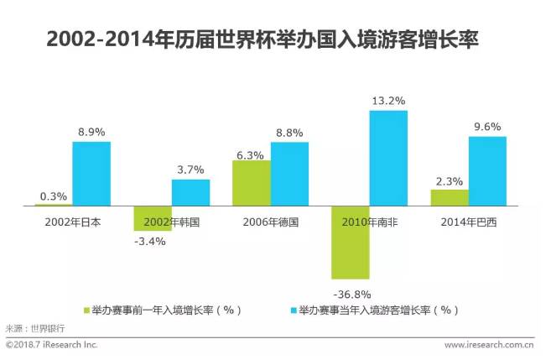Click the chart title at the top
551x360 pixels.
[x=268, y=39]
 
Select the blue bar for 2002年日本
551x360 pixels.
[x=91, y=173]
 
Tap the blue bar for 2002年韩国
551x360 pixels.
[x=190, y=192]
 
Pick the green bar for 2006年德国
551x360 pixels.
[x=251, y=183]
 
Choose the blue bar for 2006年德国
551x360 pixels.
[x=289, y=174]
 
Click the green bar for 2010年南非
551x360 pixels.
[x=351, y=243]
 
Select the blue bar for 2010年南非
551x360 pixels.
[x=388, y=158]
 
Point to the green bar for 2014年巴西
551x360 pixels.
[x=450, y=197]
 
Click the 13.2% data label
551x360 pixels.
[x=388, y=101]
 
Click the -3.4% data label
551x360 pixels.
[x=151, y=242]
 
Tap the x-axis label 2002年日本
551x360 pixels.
[x=72, y=222]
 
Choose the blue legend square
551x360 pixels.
[x=293, y=310]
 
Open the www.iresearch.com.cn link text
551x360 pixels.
[x=490, y=344]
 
